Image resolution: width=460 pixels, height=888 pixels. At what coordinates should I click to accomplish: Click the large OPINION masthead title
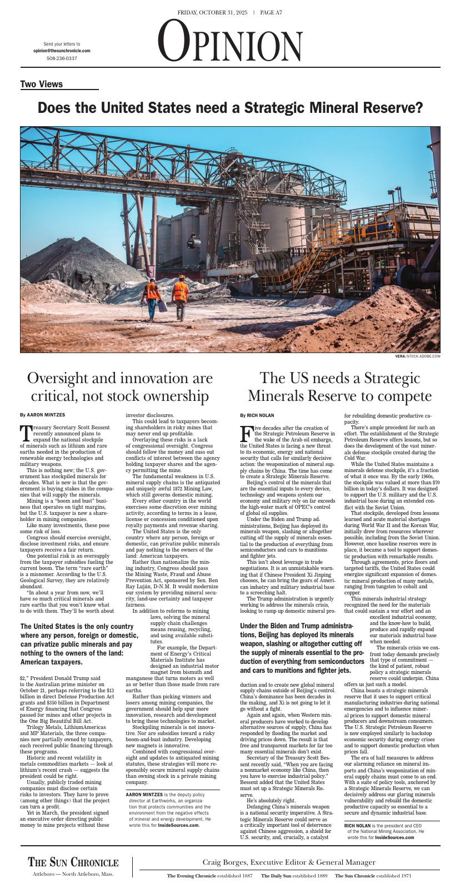[x=230, y=41]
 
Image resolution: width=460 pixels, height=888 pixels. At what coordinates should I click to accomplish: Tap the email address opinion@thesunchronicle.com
[x=62, y=51]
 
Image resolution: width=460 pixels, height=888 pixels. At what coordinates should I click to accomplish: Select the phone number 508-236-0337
[x=62, y=58]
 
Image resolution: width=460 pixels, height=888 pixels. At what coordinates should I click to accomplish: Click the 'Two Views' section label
[x=42, y=85]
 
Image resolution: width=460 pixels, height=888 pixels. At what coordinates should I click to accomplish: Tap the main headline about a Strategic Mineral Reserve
[x=230, y=108]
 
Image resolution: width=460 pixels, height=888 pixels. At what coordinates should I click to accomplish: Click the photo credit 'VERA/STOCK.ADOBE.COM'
[x=418, y=356]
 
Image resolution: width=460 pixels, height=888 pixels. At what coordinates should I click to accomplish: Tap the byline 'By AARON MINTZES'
[x=42, y=415]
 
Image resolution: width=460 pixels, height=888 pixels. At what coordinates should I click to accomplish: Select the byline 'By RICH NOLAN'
[x=257, y=415]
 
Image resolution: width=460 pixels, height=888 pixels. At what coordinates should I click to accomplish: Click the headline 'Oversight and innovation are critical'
[x=120, y=387]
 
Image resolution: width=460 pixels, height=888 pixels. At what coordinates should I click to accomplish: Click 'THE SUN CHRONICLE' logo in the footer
[x=73, y=862]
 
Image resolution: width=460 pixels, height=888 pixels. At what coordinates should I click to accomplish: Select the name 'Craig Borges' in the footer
[x=224, y=862]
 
